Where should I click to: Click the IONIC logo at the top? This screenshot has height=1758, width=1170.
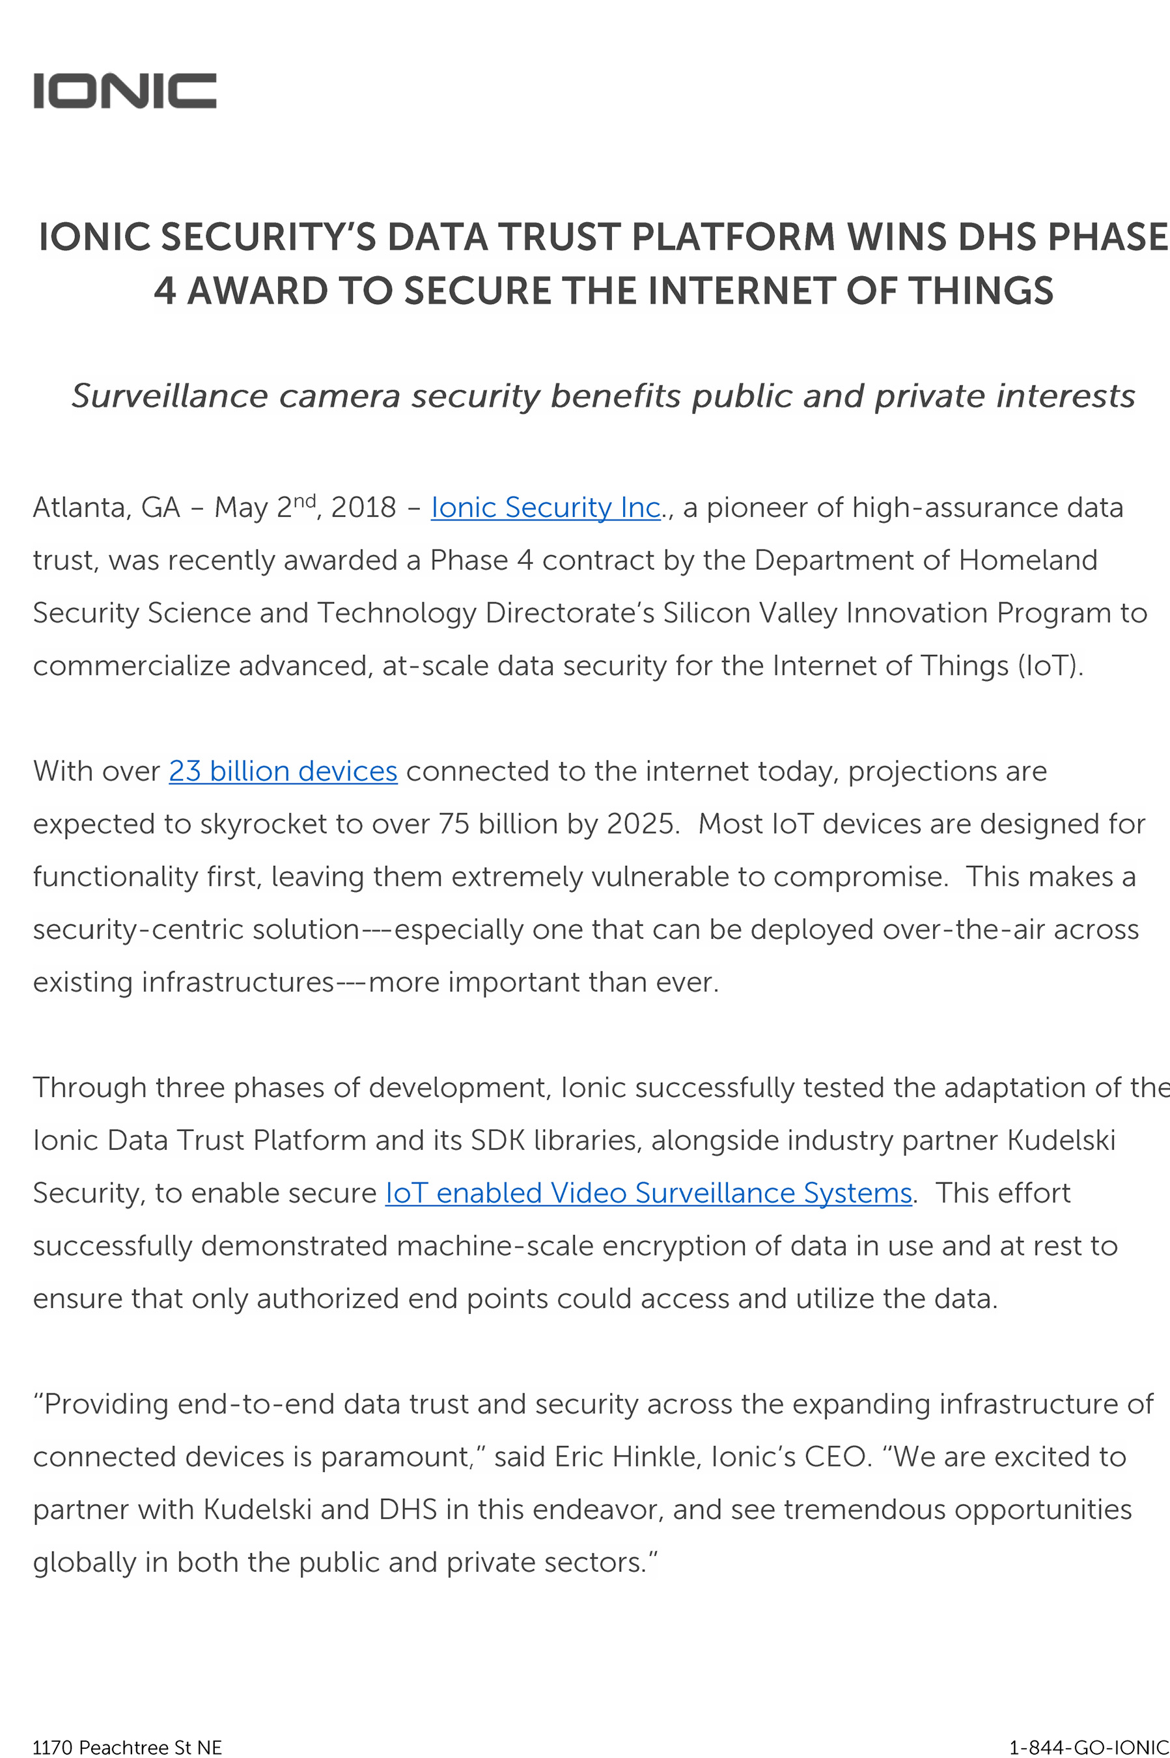point(124,91)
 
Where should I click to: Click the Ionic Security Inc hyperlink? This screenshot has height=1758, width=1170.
point(546,507)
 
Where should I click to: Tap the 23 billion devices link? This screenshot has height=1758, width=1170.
point(283,771)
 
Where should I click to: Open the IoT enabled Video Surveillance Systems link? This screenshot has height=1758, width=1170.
point(648,1192)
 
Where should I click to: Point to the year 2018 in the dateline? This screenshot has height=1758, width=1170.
point(363,507)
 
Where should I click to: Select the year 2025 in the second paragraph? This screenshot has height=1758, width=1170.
point(640,824)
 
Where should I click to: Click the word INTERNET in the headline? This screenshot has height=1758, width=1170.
point(742,290)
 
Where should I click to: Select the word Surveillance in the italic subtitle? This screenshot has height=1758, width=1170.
point(169,395)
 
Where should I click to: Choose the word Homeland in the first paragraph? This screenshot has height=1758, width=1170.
point(1027,560)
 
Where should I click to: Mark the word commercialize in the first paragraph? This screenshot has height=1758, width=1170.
point(131,665)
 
